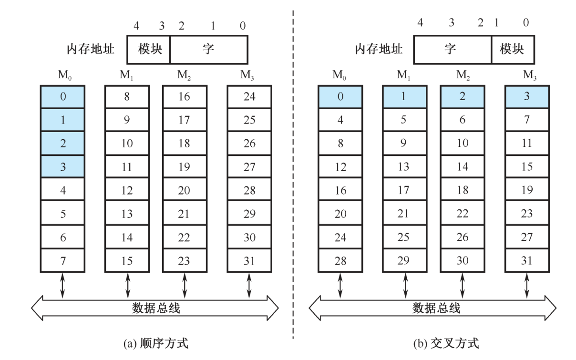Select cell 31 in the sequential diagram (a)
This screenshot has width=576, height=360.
[249, 261]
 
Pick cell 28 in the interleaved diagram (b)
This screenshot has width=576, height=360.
[340, 261]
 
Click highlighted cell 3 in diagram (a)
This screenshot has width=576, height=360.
[63, 167]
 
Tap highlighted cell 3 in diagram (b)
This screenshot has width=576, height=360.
[527, 97]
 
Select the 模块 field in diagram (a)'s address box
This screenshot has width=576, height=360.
[148, 49]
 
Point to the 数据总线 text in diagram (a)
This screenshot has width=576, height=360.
[155, 308]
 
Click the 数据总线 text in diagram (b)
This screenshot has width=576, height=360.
[436, 308]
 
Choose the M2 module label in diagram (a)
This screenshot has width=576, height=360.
[184, 75]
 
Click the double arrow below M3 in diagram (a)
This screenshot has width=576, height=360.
[249, 285]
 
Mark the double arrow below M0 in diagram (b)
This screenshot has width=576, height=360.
[340, 285]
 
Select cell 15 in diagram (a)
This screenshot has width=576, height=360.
[127, 261]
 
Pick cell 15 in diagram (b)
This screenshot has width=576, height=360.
[527, 167]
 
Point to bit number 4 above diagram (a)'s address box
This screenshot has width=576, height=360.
[136, 26]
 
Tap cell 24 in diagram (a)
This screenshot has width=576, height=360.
[249, 97]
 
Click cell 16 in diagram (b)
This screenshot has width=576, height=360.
[340, 190]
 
